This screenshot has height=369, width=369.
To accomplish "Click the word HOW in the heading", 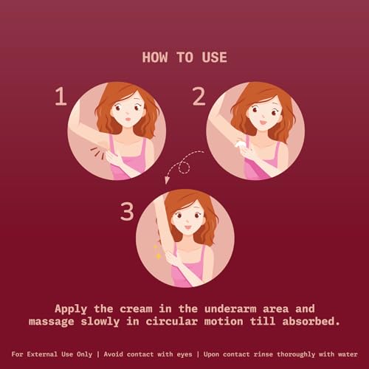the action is click(155, 58).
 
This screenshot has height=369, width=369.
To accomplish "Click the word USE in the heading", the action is click(215, 58).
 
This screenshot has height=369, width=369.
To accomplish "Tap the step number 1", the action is click(61, 97).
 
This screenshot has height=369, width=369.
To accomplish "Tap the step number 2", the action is click(199, 97).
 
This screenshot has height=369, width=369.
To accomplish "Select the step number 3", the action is click(127, 211).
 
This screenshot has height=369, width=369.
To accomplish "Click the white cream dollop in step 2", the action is click(239, 144).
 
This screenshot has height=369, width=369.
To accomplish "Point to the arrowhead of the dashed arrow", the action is click(167, 180).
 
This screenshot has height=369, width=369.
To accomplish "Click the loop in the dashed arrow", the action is click(184, 168).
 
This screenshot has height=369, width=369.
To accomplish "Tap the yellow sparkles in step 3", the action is click(157, 252).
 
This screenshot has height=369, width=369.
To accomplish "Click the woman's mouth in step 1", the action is click(128, 119).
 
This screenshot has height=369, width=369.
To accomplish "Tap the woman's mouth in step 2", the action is click(263, 122).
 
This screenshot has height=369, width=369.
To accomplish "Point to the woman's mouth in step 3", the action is click(188, 227).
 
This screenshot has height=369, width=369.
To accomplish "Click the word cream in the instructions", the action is click(136, 308).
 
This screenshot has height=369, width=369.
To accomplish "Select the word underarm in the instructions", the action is click(230, 308).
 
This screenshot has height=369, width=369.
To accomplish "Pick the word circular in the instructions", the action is click(172, 321).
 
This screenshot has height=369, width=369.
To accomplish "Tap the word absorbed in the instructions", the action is click(311, 321).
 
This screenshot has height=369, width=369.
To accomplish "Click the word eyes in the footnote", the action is click(184, 354).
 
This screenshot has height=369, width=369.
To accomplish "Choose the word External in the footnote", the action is click(42, 354).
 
